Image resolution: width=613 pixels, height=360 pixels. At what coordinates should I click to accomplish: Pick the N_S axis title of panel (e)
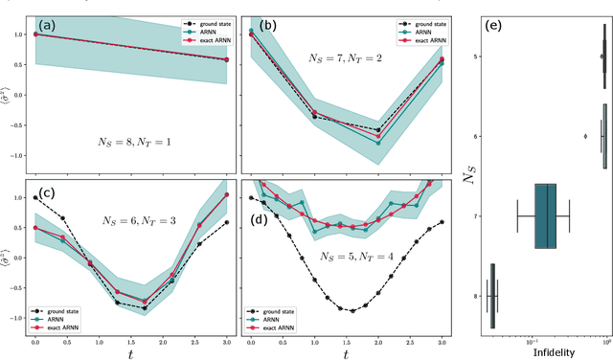470,175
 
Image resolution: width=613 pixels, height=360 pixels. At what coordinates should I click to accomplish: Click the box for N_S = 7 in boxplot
546,216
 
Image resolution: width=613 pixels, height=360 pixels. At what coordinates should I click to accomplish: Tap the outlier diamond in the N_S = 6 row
585,136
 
